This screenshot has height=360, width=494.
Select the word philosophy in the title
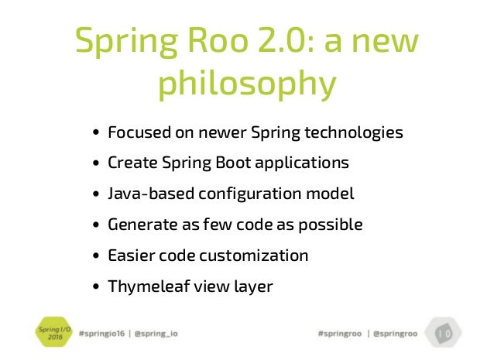click(x=247, y=84)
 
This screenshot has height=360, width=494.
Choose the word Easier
click(x=129, y=255)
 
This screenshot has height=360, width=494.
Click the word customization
click(x=253, y=255)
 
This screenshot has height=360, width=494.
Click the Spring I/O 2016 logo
click(x=48, y=333)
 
